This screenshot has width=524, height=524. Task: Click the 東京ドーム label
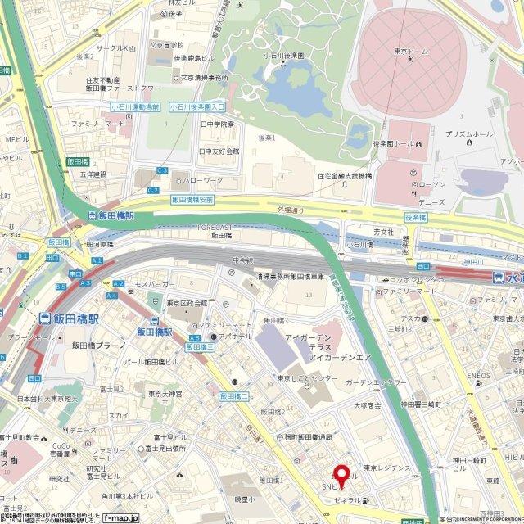tap(412, 52)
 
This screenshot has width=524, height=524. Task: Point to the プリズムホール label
tap(468, 133)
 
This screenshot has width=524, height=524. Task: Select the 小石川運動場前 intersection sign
tap(135, 106)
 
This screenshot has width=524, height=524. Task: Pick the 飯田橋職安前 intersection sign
tap(192, 199)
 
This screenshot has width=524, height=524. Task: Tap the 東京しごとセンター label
tap(306, 378)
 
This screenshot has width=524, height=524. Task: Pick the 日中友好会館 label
tap(219, 151)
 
